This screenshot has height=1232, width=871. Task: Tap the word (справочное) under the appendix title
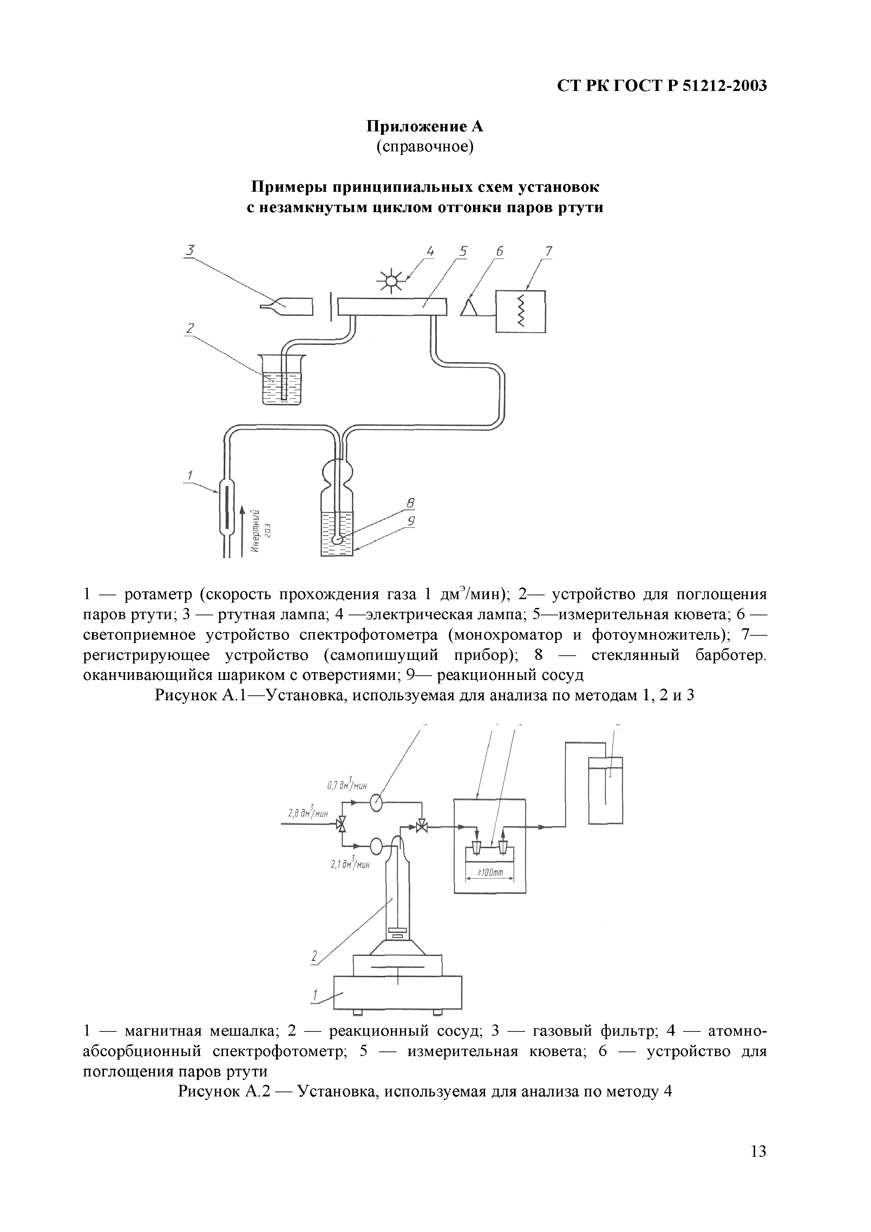(425, 146)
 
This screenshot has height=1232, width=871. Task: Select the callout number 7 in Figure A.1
(549, 251)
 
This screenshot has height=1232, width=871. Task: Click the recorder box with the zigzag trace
(520, 312)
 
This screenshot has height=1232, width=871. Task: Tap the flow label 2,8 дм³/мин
(308, 813)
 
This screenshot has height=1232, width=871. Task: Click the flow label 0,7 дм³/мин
(347, 785)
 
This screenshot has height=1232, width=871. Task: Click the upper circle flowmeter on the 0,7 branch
(376, 803)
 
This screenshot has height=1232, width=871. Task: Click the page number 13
(758, 1167)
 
